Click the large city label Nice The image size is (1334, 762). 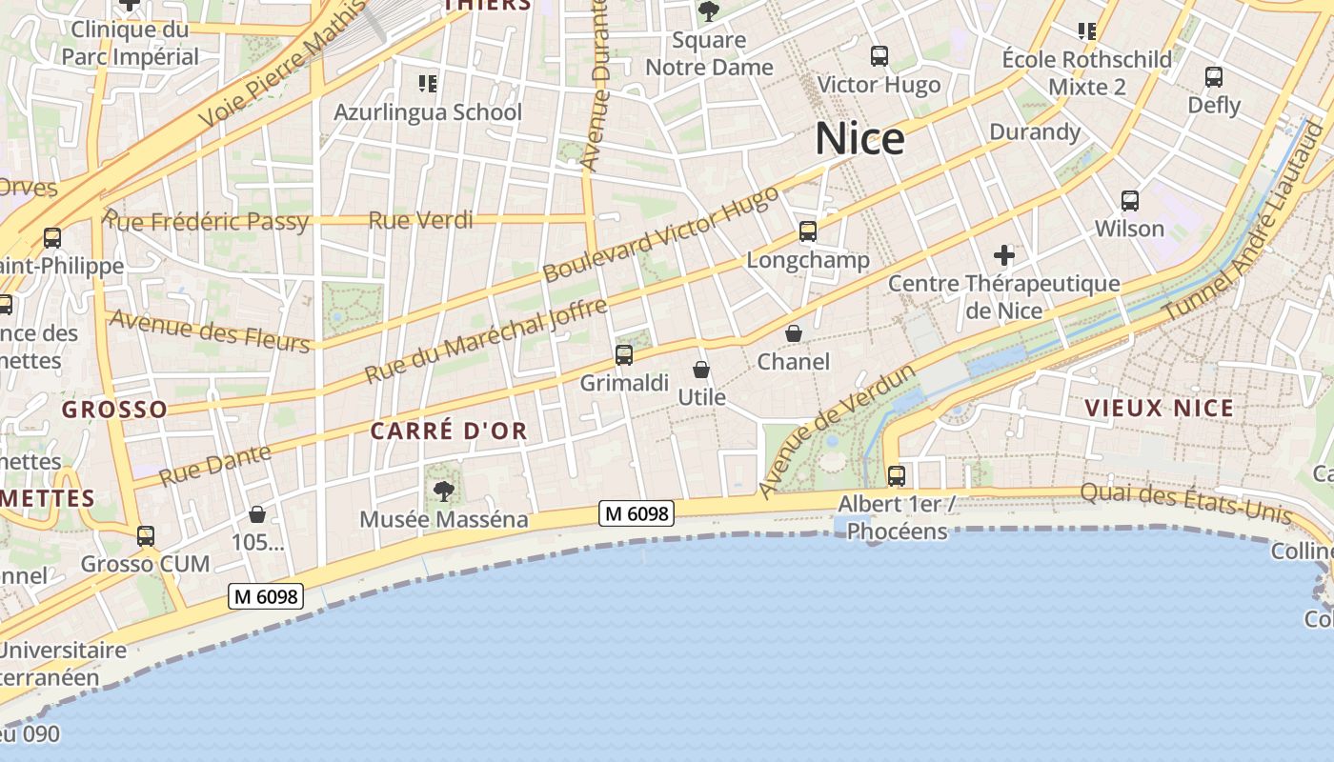click(859, 139)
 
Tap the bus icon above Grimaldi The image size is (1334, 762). click(624, 355)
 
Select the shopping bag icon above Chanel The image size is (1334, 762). click(793, 333)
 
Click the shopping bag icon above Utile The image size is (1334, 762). click(701, 369)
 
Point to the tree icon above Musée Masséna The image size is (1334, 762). click(443, 491)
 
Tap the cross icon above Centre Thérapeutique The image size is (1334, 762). click(1003, 255)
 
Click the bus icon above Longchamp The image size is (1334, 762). click(808, 231)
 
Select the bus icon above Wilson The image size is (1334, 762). click(1130, 201)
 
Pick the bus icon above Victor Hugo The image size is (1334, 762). click(879, 56)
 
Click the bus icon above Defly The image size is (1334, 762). click(1214, 77)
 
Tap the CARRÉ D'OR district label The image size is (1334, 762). click(448, 431)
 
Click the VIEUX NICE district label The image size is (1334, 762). click(1159, 409)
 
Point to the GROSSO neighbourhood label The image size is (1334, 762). click(114, 410)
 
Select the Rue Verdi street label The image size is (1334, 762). click(420, 221)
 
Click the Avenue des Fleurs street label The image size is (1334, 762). click(211, 331)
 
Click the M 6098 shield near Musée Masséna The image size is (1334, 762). click(637, 513)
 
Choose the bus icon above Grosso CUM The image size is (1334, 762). click(146, 536)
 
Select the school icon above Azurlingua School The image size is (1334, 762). click(428, 84)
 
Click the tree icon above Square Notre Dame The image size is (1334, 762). click(708, 11)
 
